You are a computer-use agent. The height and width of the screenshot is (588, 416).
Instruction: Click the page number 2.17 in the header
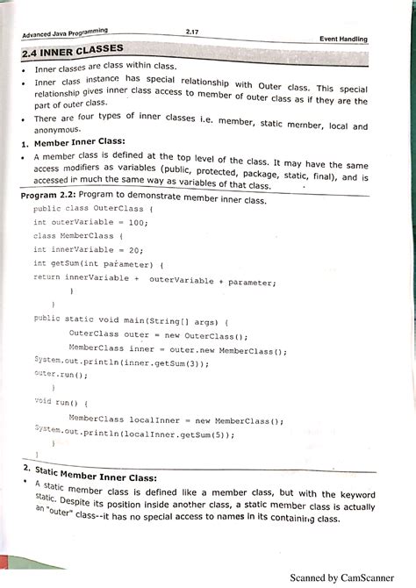[192, 32]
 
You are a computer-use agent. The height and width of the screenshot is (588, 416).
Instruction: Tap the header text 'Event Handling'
[343, 39]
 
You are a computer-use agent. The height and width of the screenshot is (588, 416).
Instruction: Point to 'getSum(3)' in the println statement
[183, 361]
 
